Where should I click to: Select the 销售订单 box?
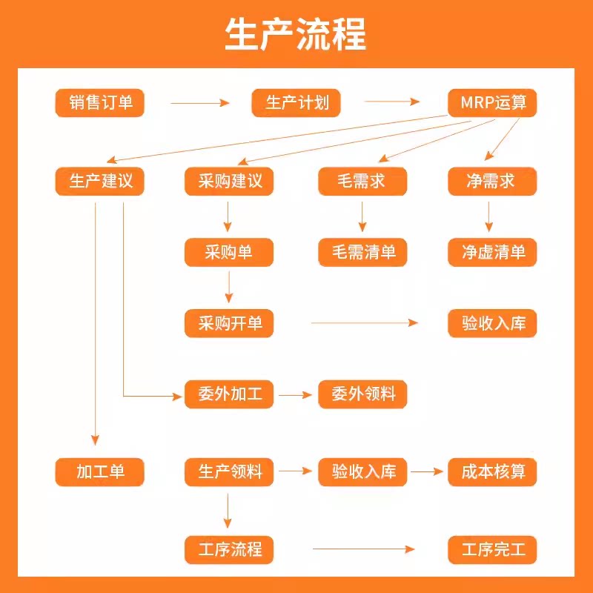coord(100,103)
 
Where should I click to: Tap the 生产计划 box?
coord(296,103)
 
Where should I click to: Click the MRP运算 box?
coord(492,103)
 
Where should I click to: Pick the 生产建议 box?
coord(100,182)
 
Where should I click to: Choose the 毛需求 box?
coord(362,182)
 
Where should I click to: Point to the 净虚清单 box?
coord(492,252)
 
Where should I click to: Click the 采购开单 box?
coord(229,323)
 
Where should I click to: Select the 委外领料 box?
coord(362,394)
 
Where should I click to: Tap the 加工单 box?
coord(100,471)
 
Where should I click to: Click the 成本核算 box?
coord(492,471)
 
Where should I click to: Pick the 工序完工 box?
coord(492,550)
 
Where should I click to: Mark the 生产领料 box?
coord(229,471)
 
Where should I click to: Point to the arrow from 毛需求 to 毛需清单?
coord(362,216)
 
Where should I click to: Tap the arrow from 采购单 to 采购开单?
coord(229,287)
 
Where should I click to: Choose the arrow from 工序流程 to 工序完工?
coord(363,549)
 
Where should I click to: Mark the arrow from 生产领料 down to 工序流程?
coord(228,511)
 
